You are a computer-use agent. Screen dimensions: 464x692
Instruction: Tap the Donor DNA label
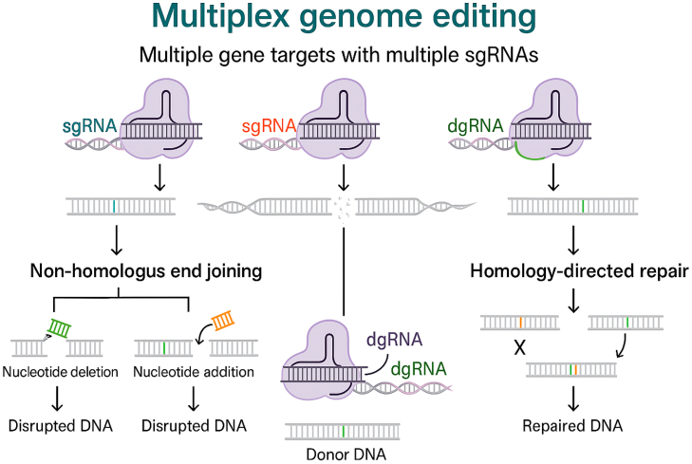(x=341, y=453)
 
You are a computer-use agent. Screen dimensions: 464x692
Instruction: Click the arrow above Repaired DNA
(x=571, y=398)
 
